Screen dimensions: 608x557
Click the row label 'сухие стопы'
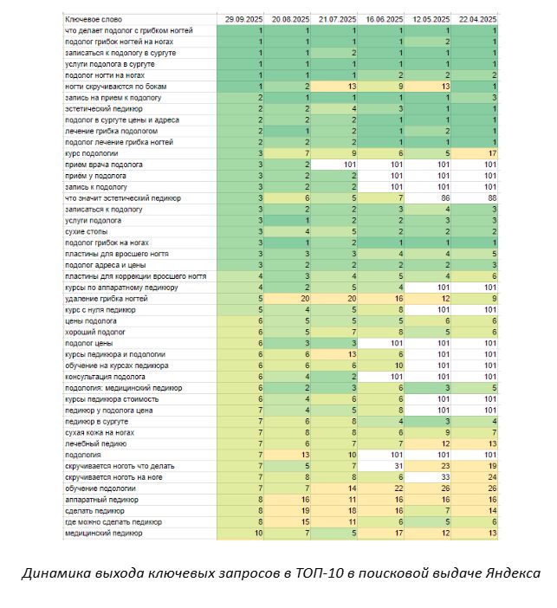pos(86,231)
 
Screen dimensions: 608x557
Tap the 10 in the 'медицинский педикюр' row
pos(257,534)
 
